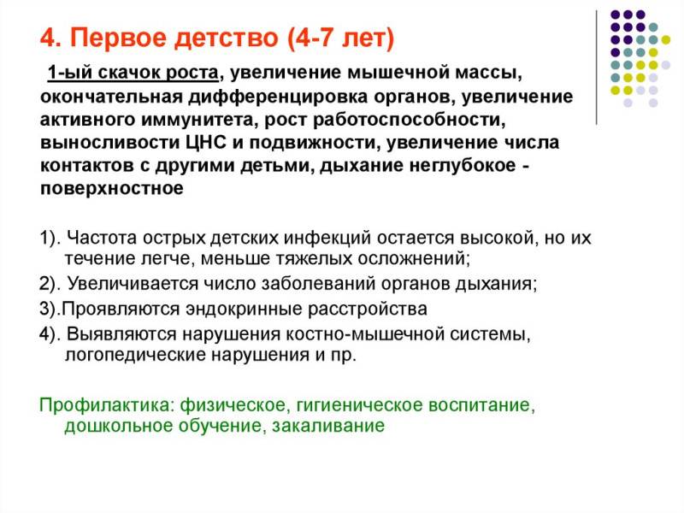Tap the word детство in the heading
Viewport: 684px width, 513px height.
tap(226, 38)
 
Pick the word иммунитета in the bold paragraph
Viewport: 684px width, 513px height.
tap(198, 120)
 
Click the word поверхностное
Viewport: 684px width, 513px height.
tap(112, 189)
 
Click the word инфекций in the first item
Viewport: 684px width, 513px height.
tap(327, 239)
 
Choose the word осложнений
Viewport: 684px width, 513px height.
tap(414, 259)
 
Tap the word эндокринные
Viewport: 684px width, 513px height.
tap(245, 310)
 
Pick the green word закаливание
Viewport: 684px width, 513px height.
tap(328, 425)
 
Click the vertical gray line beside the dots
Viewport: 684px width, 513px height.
tap(596, 68)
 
